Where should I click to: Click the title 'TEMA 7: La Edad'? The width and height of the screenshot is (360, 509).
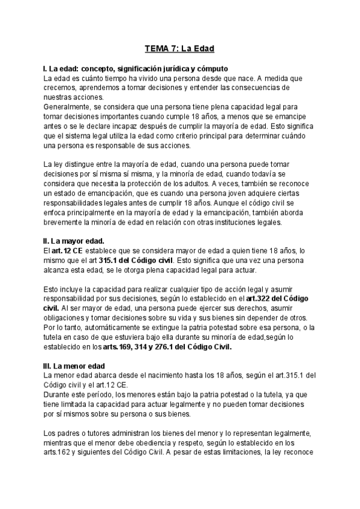tap(181, 47)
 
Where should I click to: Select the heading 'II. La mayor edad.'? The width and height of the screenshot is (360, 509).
tap(78, 241)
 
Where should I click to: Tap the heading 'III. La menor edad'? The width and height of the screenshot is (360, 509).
tap(79, 366)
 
